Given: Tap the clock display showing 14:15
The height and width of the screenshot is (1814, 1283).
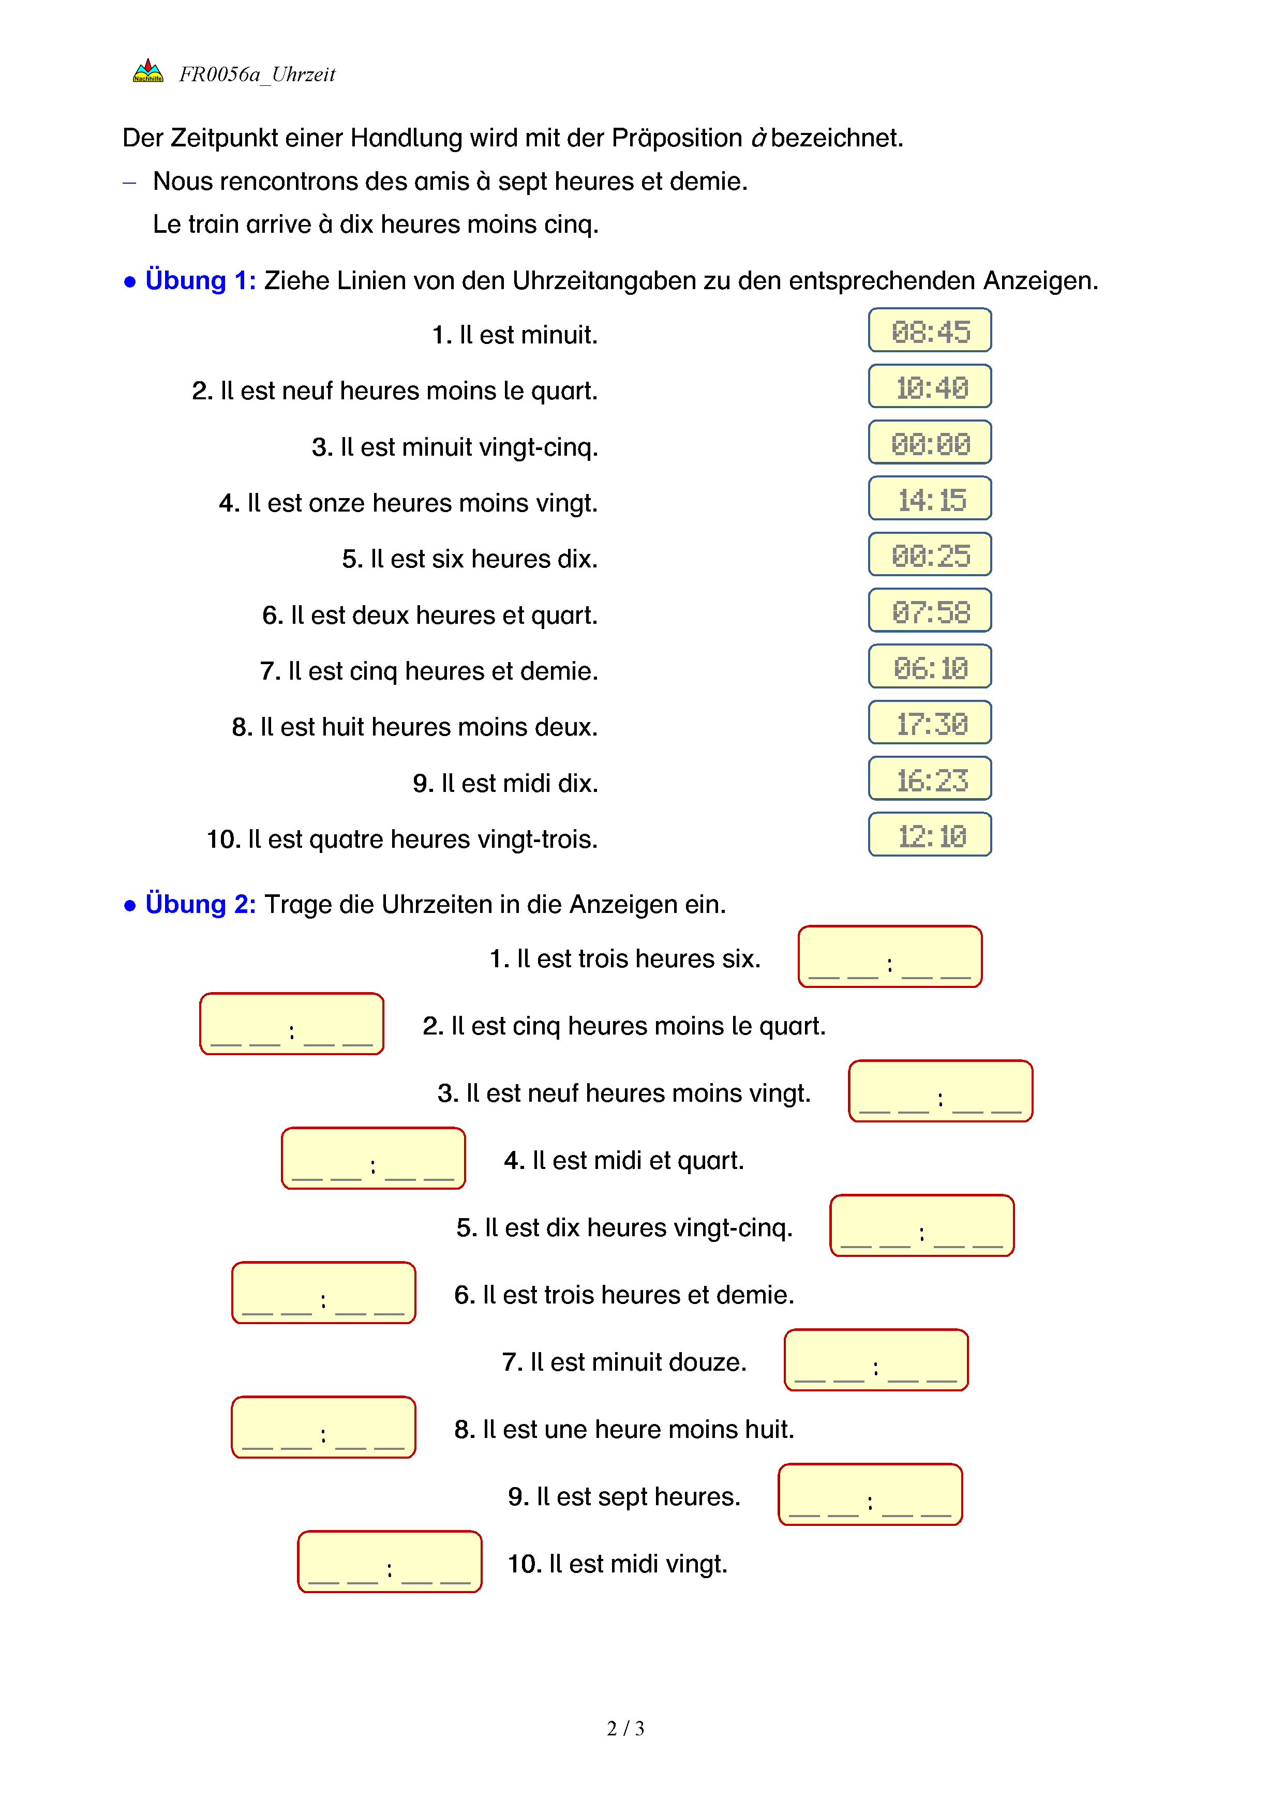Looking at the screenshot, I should point(930,499).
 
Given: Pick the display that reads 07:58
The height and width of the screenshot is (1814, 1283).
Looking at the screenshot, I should point(930,611).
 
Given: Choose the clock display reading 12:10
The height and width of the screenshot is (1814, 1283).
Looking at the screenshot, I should point(930,836).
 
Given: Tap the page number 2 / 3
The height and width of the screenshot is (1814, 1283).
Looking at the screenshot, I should point(625,1729).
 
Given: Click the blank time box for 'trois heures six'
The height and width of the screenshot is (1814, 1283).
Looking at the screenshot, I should point(890,957).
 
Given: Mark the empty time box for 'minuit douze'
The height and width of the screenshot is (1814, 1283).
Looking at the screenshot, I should point(875,1360).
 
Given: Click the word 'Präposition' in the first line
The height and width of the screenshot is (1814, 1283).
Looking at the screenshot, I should point(676,138).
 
